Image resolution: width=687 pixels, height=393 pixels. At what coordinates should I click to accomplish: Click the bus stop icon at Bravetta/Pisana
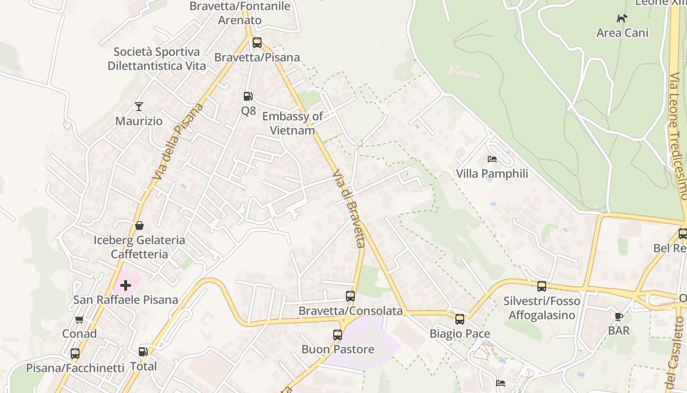click(x=257, y=43)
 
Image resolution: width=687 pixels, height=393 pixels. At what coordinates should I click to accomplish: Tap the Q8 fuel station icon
click(x=248, y=96)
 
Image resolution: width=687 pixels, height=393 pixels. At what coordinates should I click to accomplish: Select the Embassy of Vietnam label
click(x=292, y=123)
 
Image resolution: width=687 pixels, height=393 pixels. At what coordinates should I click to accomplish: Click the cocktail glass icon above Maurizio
click(x=139, y=106)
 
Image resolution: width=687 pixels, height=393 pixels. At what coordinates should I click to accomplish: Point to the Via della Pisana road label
click(x=178, y=141)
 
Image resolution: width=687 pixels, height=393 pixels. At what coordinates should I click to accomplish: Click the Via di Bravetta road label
click(x=349, y=209)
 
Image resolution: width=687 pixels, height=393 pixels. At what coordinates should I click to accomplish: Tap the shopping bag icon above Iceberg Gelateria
click(x=139, y=225)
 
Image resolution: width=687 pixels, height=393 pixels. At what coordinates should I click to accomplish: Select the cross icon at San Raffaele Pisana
click(x=126, y=285)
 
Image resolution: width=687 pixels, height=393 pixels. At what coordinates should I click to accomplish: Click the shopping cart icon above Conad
click(x=79, y=320)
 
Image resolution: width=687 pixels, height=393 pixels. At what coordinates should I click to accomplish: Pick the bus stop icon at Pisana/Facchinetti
click(x=75, y=353)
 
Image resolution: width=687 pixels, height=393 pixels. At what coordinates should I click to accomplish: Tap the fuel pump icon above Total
click(x=143, y=352)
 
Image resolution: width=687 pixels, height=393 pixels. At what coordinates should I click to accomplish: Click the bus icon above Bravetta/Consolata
click(x=350, y=296)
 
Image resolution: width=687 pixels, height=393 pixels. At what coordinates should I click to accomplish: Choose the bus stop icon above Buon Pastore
click(x=338, y=335)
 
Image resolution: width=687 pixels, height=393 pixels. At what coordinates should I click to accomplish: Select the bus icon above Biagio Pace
click(x=460, y=319)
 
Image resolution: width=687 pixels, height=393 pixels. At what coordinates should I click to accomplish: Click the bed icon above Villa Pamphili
click(x=492, y=159)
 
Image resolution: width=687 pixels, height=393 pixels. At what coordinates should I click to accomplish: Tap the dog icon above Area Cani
click(x=622, y=19)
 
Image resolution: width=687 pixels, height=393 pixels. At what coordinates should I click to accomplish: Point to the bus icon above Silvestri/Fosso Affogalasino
click(x=542, y=286)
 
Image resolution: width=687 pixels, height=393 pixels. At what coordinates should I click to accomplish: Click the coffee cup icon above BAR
click(x=619, y=316)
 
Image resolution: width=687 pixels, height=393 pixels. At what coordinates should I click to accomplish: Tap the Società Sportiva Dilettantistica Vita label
click(x=157, y=59)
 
